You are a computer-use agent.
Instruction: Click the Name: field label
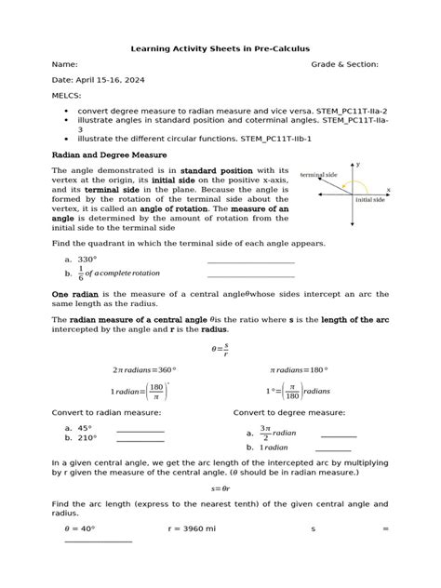click(64, 65)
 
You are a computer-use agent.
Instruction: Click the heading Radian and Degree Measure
click(109, 154)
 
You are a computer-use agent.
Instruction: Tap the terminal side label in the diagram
click(318, 175)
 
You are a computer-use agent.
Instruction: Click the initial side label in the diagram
click(370, 199)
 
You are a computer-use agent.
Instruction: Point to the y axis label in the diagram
click(358, 165)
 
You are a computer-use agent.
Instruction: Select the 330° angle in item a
click(87, 260)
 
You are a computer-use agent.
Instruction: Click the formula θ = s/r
click(220, 349)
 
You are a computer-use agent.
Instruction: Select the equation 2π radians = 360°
click(144, 369)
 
